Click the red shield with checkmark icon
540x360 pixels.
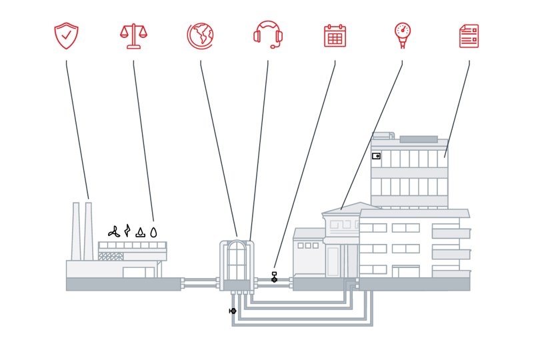tap(66, 35)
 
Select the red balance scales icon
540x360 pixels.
tap(133, 35)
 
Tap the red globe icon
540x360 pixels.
tap(200, 35)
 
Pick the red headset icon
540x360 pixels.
tap(268, 35)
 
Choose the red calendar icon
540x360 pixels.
tap(335, 35)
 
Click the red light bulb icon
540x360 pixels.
tap(403, 35)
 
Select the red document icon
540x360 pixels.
tap(469, 35)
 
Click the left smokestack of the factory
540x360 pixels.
tap(76, 230)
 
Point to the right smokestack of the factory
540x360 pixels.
tap(89, 230)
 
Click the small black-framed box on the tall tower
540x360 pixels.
tap(376, 156)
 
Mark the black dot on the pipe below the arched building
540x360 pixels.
tap(233, 311)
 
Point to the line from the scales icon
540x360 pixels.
tap(143, 140)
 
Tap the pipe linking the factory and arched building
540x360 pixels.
tap(200, 283)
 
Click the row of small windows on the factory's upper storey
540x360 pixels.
tap(132, 245)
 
